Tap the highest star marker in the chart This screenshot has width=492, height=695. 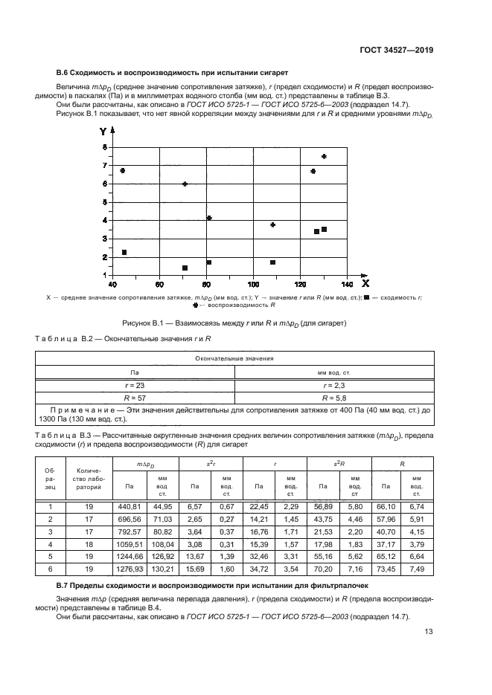[324, 156]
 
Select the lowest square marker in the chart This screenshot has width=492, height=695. [185, 268]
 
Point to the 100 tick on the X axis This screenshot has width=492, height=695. [253, 284]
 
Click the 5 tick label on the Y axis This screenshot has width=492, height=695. [104, 202]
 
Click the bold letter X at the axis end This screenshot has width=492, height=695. [365, 282]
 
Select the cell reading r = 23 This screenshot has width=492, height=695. [135, 386]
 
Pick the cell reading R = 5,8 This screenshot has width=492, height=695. [333, 398]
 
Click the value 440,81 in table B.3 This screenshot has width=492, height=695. [130, 506]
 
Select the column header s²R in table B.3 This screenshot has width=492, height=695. [339, 463]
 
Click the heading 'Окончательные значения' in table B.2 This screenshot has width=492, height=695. [234, 358]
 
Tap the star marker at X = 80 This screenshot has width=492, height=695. [209, 218]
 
